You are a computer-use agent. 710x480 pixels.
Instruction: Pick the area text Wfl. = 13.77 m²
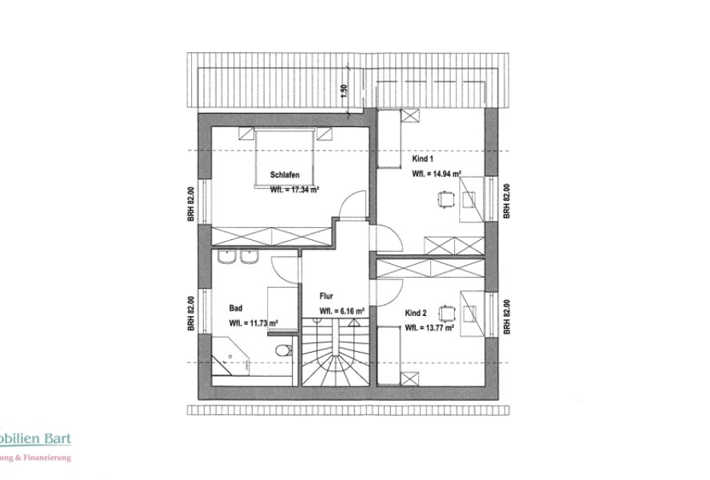[430, 327]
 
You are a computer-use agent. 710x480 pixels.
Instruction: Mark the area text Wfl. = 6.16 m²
[342, 310]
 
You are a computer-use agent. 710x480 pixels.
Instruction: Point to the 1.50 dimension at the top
[344, 90]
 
